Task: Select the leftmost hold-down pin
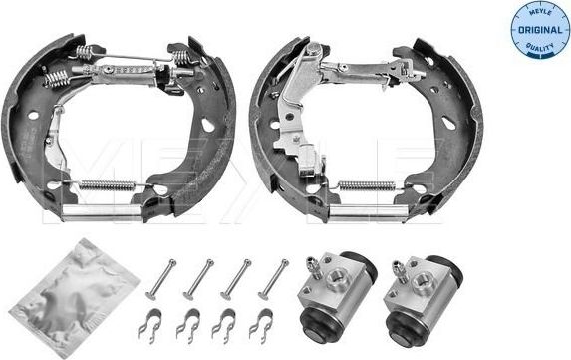(159, 278)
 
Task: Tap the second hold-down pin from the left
(197, 278)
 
